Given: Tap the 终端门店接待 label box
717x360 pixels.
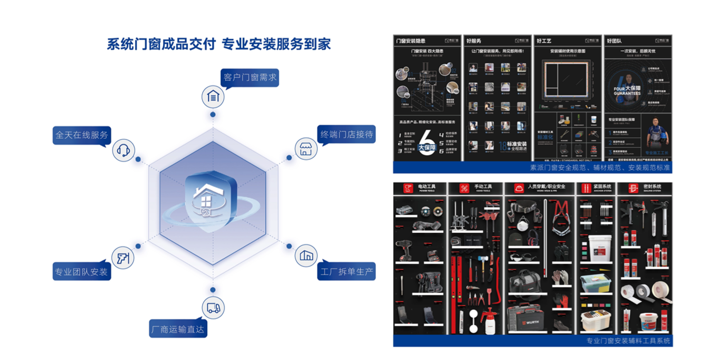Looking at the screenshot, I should [347, 135].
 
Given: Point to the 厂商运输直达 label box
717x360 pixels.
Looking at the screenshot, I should [178, 329].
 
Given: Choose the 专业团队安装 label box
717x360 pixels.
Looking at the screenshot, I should [81, 272].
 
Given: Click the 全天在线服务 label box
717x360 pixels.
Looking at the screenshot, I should [81, 135].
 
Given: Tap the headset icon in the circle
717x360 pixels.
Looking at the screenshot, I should [123, 151].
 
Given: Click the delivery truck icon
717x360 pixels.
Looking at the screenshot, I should [213, 308].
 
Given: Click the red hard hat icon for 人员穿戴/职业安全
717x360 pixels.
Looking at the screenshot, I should [519, 188].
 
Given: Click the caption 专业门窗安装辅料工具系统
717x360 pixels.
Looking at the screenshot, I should [628, 341].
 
